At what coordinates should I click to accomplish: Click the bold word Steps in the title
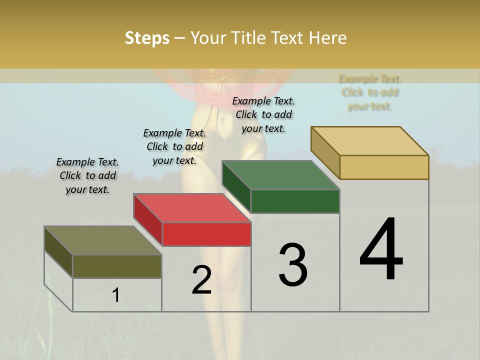tap(147, 38)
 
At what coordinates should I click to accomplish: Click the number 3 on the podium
tap(293, 265)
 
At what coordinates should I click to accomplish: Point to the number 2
tap(201, 280)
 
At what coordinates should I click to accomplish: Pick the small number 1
tap(116, 295)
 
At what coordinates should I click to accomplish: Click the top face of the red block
tap(192, 208)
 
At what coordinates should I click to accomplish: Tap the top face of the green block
tap(280, 175)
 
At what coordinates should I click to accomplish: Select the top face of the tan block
tap(369, 141)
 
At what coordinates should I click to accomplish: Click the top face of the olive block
tap(103, 240)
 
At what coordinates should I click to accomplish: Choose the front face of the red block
tap(206, 234)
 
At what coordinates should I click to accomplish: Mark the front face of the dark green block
tap(295, 201)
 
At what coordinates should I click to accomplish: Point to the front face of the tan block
tap(384, 167)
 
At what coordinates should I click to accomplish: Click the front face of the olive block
tap(117, 266)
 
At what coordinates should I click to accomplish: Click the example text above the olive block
tap(87, 175)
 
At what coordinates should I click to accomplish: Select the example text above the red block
tap(174, 146)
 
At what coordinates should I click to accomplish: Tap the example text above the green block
tap(263, 114)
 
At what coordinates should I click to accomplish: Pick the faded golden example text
tap(370, 92)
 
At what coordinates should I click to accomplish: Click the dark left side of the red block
tap(147, 219)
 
